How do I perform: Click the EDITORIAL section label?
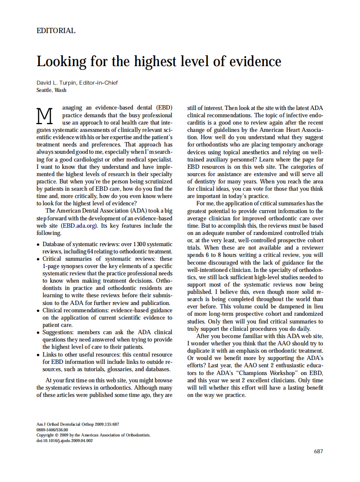coord(56,31)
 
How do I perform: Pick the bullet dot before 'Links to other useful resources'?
coord(38,355)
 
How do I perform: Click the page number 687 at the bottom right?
coord(318,451)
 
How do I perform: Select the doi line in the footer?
coord(64,440)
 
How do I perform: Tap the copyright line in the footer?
coord(93,435)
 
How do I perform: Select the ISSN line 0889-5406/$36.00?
coord(52,430)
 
